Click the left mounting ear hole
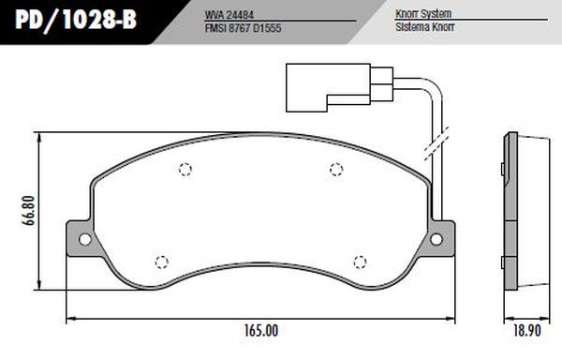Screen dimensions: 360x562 [85, 238]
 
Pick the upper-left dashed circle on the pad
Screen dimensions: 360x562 [185, 170]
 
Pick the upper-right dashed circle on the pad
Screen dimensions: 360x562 [336, 169]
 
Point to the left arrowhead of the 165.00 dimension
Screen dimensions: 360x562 [67, 322]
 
